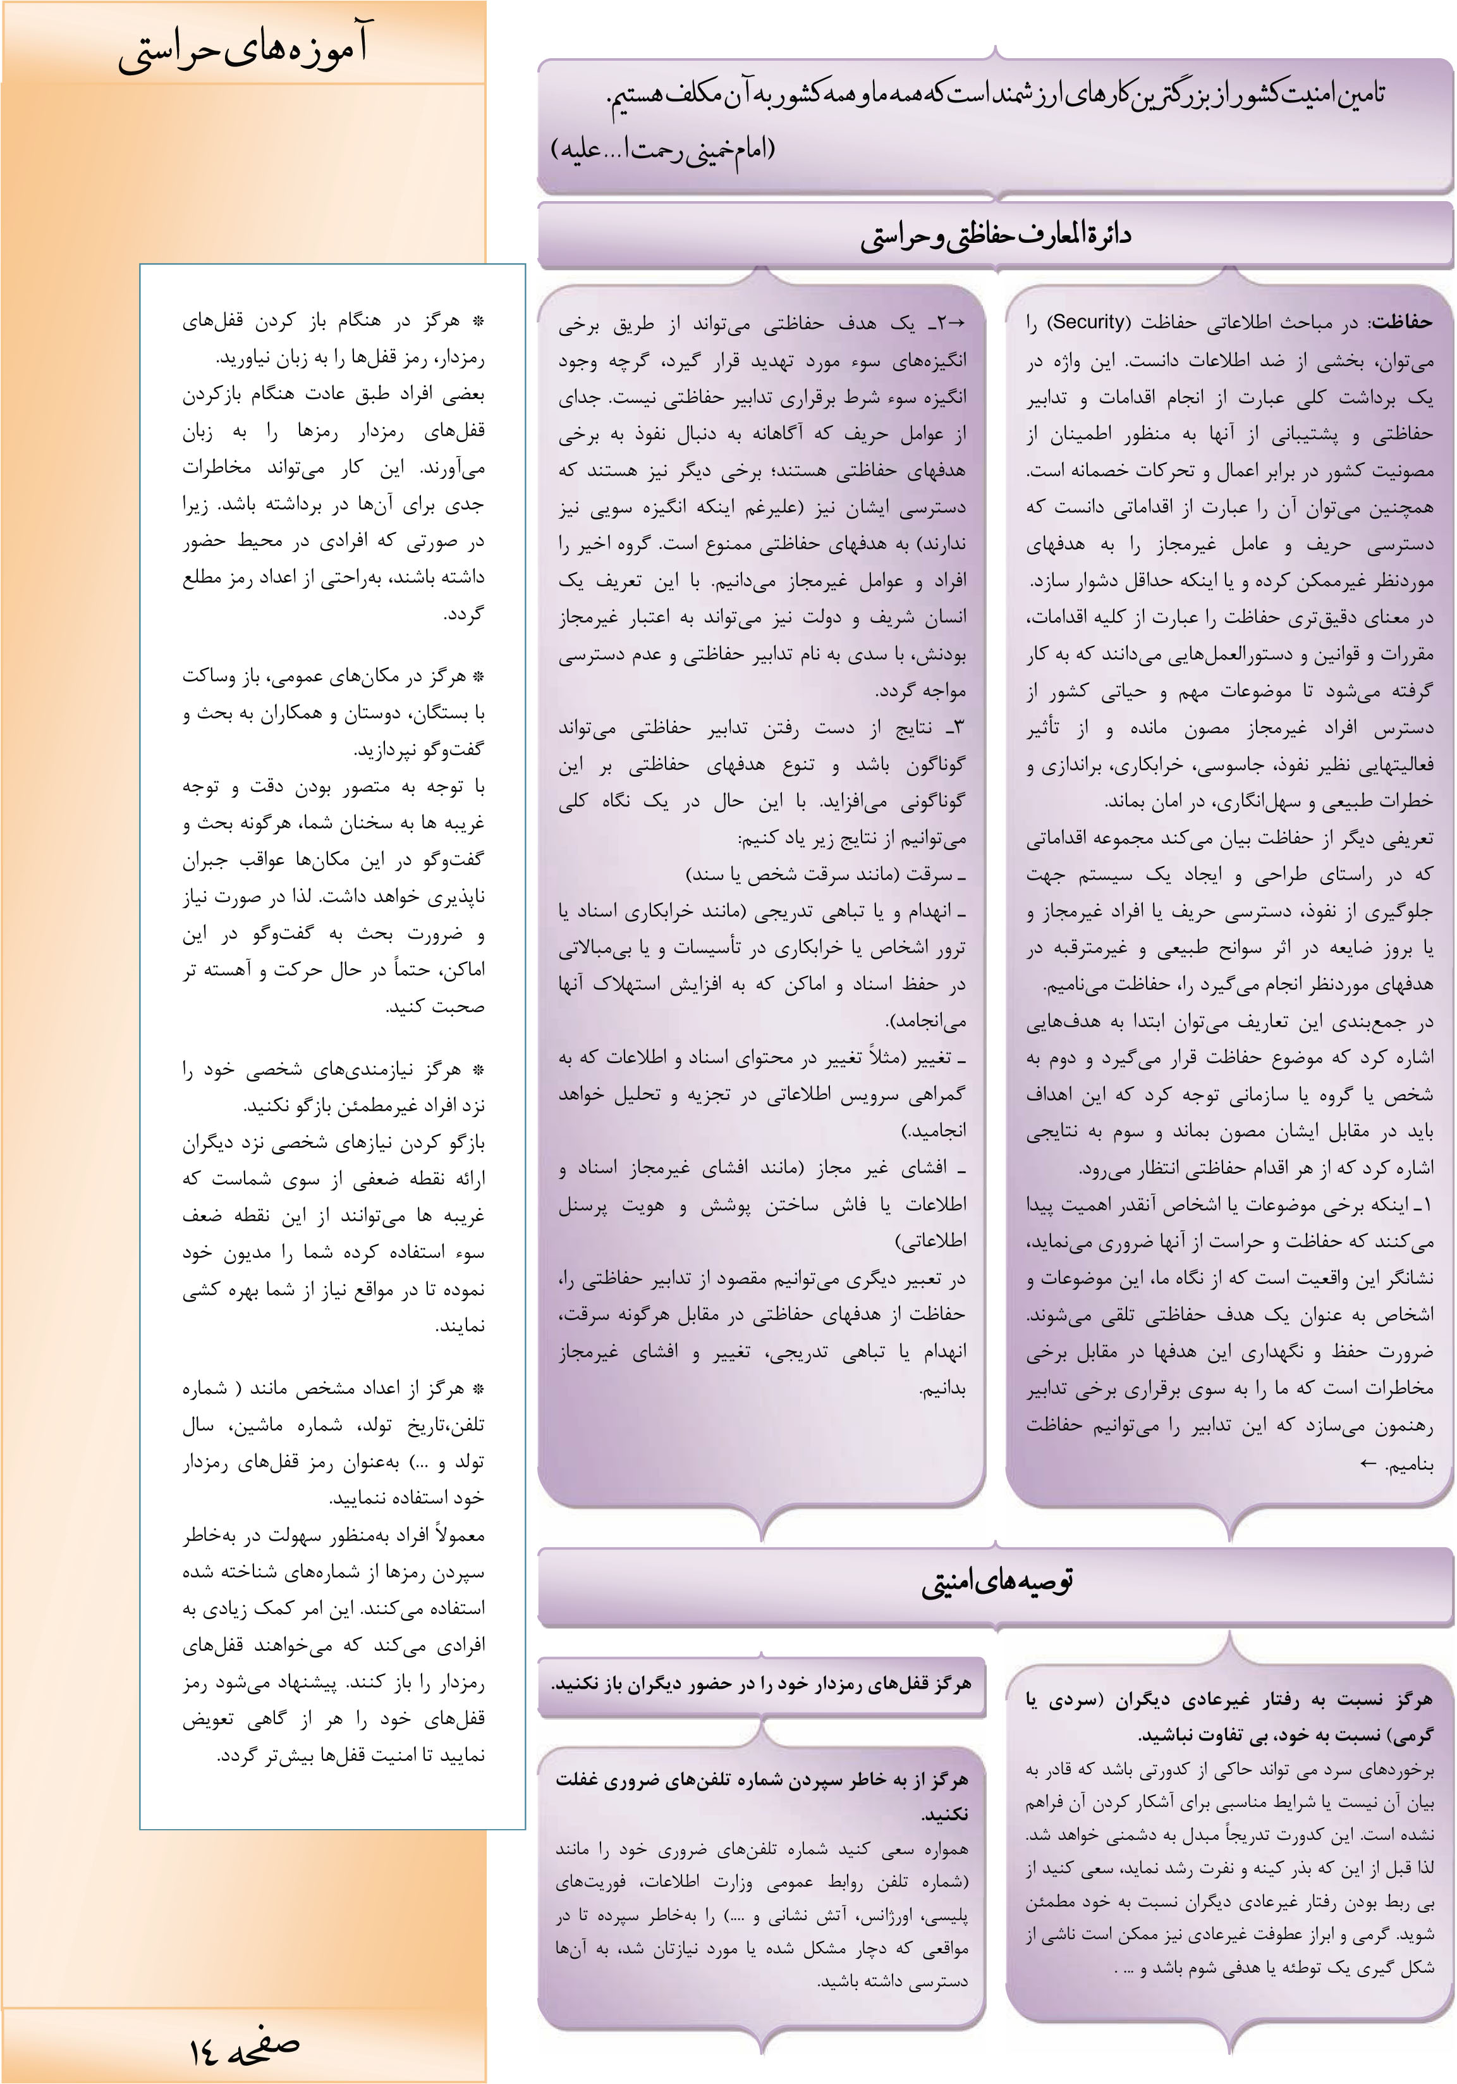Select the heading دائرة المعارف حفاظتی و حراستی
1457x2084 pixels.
point(995,236)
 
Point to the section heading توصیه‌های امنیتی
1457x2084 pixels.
point(997,1581)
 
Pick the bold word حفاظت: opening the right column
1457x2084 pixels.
point(1401,322)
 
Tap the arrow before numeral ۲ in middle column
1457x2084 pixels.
point(957,322)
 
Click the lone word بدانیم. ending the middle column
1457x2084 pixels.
point(942,1390)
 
